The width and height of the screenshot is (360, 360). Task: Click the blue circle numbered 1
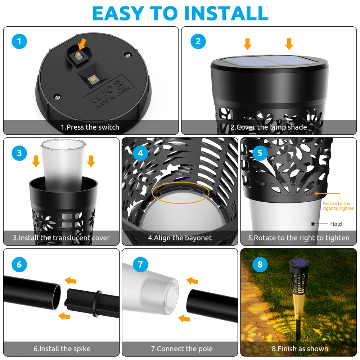click(x=19, y=41)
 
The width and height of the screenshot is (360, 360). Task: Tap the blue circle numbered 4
click(x=140, y=153)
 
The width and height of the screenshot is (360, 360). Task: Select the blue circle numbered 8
click(x=260, y=264)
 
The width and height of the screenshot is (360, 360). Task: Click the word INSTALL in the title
click(x=226, y=13)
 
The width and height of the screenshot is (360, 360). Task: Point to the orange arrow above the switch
click(x=82, y=44)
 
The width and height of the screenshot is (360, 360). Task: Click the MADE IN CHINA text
click(x=113, y=97)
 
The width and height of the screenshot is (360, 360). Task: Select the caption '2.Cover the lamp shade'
click(x=269, y=127)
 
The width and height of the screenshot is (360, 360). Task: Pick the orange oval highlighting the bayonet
click(x=180, y=193)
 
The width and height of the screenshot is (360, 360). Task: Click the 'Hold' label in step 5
click(x=336, y=224)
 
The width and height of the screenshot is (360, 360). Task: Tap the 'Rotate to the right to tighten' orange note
click(x=339, y=206)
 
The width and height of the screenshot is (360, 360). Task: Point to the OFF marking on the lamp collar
click(x=310, y=194)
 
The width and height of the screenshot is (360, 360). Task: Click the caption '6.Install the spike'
click(x=62, y=349)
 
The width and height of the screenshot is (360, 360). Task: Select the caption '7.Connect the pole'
click(x=182, y=349)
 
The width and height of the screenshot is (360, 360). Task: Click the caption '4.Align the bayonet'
click(x=180, y=238)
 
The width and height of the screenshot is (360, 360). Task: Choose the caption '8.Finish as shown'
click(x=300, y=349)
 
